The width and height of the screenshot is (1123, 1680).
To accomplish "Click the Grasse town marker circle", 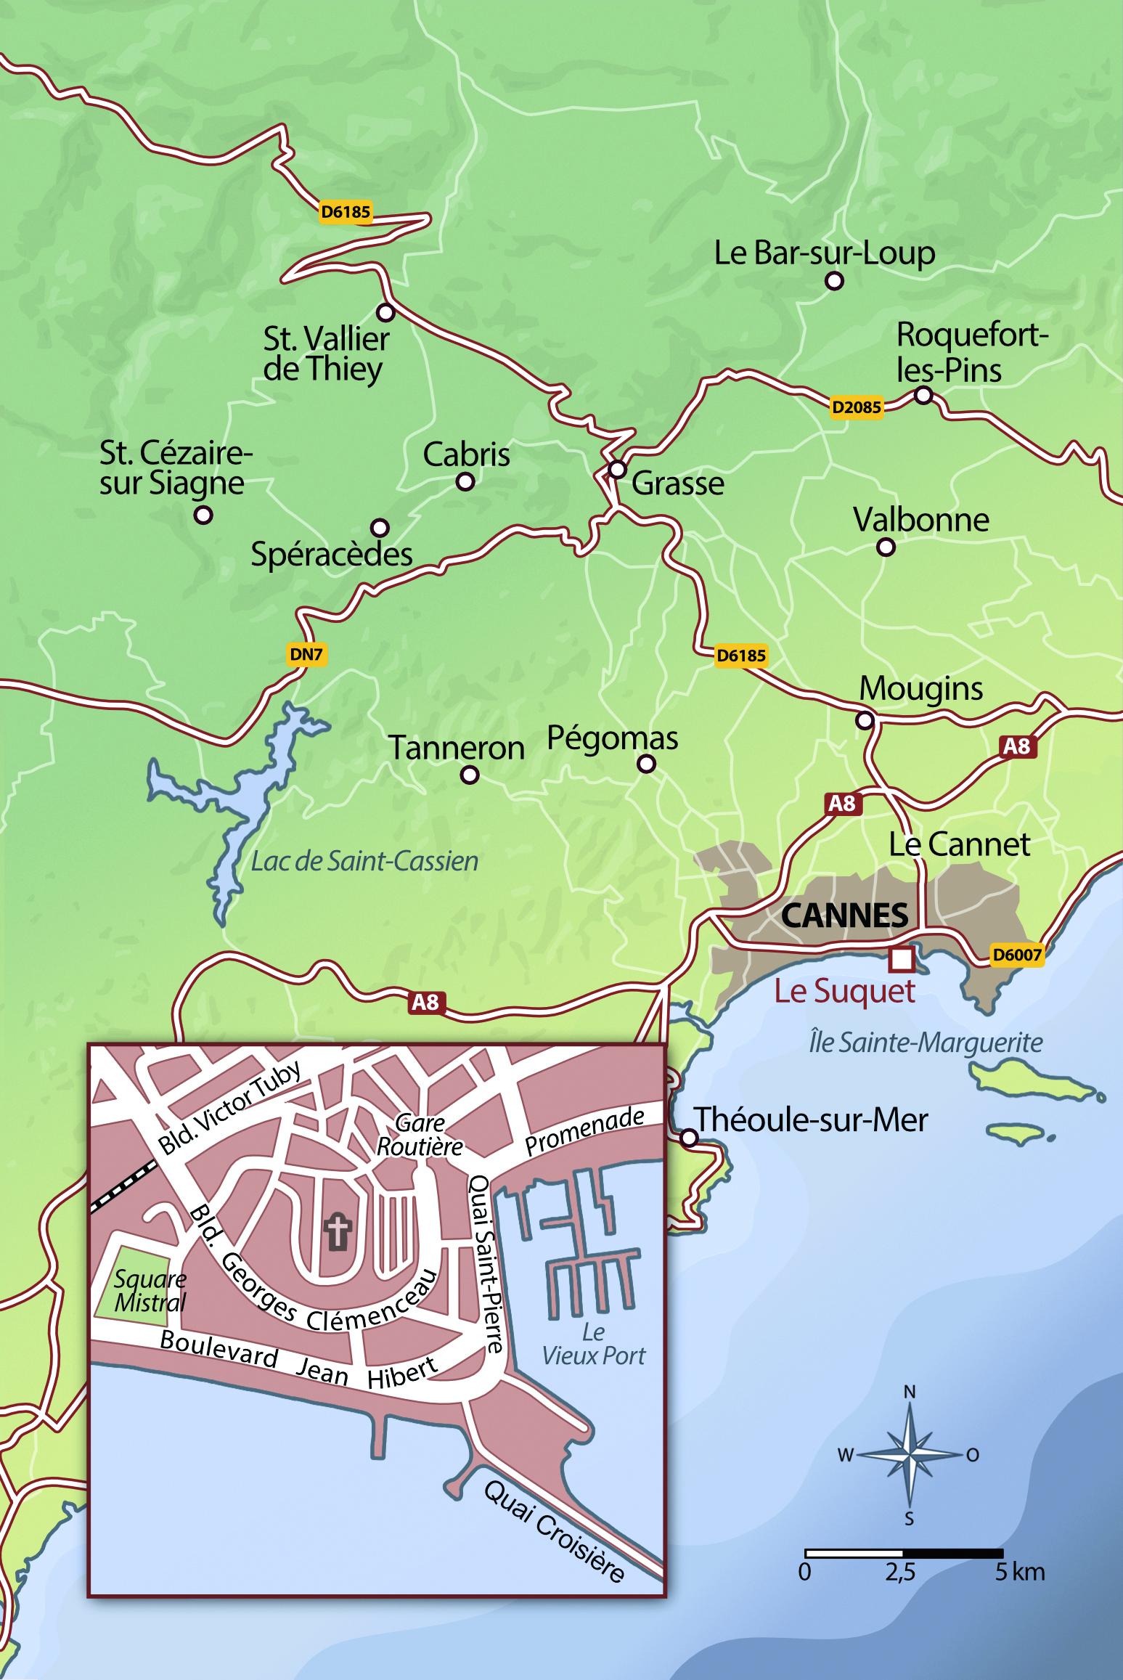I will [617, 469].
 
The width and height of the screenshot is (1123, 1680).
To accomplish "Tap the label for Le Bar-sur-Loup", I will [824, 253].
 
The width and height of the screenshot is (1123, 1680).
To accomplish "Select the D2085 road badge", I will [857, 407].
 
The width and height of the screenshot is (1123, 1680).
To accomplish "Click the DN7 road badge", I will [306, 654].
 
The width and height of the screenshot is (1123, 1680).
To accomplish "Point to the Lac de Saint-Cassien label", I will [364, 862].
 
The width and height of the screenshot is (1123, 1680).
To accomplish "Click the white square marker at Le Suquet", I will [901, 958].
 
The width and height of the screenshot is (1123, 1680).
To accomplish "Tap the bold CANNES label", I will [844, 916].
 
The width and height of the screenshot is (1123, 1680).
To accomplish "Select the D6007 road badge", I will [1017, 955].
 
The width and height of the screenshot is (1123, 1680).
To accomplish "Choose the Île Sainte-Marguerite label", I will [926, 1043].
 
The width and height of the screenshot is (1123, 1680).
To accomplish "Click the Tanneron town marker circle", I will [470, 775].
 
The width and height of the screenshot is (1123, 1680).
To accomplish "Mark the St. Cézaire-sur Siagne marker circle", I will [204, 515].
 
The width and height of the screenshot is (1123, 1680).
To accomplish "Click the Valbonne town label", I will [920, 520].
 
